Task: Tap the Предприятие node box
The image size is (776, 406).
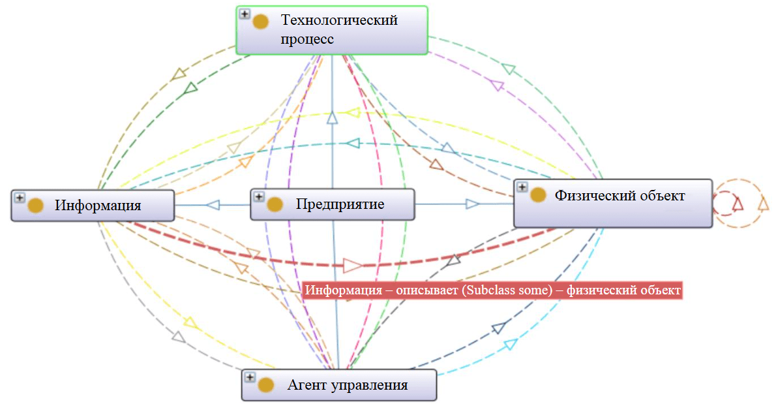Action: click(333, 204)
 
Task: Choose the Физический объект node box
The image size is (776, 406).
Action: click(613, 203)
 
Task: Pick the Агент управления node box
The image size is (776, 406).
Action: click(338, 384)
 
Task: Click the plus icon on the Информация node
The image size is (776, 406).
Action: click(19, 197)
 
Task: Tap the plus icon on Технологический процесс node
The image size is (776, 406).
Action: click(244, 14)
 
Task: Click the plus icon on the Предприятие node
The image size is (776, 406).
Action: click(259, 196)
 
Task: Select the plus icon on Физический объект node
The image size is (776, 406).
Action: click(522, 187)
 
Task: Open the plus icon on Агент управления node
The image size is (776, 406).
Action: click(250, 377)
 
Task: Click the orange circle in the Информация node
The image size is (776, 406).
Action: click(35, 206)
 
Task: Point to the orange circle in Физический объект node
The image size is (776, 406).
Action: click(538, 195)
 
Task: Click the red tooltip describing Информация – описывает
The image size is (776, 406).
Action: click(492, 290)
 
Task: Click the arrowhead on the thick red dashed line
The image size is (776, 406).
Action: click(352, 265)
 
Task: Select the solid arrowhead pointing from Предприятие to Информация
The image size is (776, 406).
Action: click(213, 205)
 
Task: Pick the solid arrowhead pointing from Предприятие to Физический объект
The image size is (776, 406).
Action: click(473, 204)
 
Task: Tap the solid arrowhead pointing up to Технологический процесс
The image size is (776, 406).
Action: click(332, 117)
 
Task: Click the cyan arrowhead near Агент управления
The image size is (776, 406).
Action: click(511, 343)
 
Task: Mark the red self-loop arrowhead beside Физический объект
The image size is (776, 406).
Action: click(738, 204)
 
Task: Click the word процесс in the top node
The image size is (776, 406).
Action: click(307, 39)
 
